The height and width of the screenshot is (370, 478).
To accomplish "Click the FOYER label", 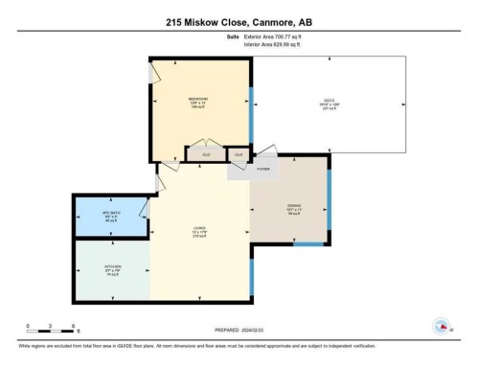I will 262,169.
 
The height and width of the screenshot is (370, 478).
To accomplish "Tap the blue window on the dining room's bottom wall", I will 307,245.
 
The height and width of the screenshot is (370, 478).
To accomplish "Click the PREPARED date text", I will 239,333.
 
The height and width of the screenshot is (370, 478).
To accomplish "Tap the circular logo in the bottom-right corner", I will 442,328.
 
